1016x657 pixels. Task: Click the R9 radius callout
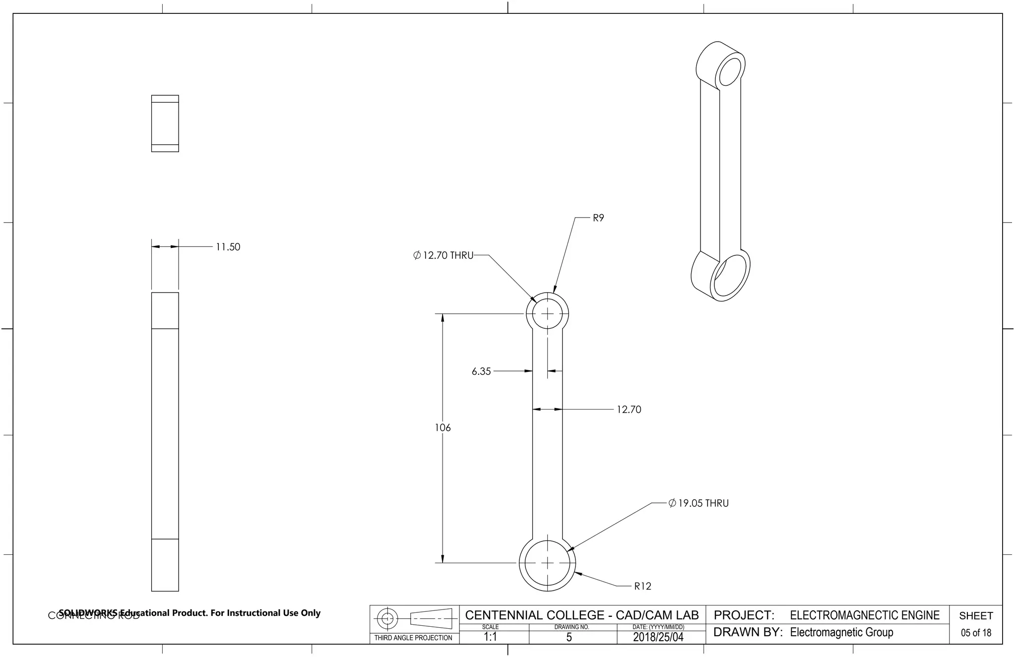tap(598, 218)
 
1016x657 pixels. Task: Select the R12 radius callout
tap(642, 586)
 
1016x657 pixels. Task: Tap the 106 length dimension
tap(443, 427)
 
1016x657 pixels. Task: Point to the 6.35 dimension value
tap(481, 371)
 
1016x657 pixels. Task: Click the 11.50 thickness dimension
tap(228, 247)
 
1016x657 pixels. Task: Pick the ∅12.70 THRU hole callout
tap(443, 255)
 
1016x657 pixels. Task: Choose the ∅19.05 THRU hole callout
tap(698, 503)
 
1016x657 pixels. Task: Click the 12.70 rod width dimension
tap(629, 410)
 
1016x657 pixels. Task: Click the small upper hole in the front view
tap(547, 314)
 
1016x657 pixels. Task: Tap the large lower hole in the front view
tap(547, 563)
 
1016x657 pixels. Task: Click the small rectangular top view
tap(165, 123)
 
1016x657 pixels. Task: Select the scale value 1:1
tap(490, 637)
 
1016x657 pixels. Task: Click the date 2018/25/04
tap(658, 637)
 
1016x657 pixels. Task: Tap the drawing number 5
tap(569, 637)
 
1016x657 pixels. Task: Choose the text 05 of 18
tap(975, 633)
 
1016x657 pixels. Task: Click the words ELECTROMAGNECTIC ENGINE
tap(864, 615)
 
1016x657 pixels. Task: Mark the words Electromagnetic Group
tap(841, 632)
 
